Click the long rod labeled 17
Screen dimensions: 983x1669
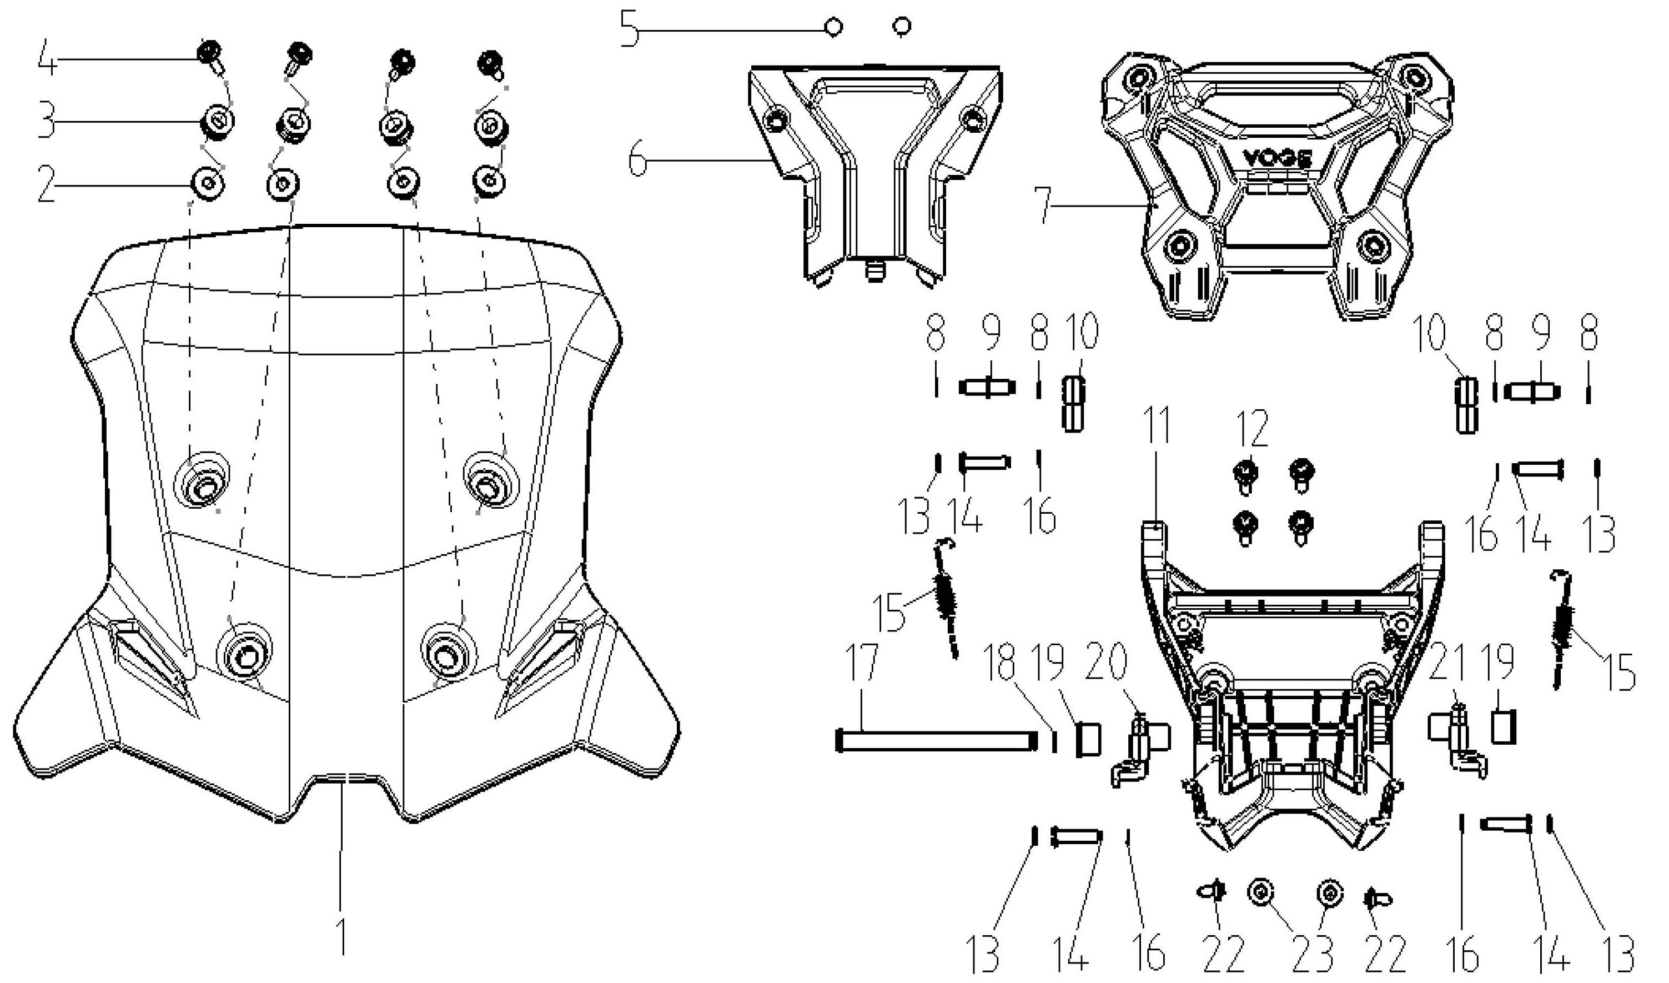click(934, 740)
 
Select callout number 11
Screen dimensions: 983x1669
click(1157, 426)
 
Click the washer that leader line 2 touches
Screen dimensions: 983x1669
click(208, 183)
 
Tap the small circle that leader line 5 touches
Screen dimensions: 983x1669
click(834, 28)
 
